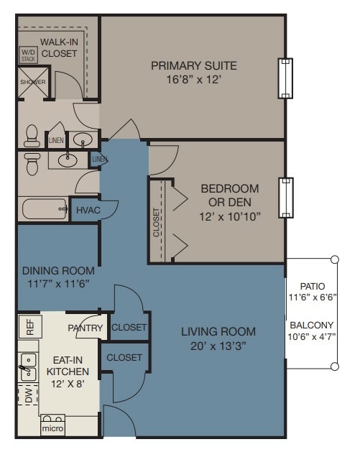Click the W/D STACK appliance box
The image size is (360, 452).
[x=28, y=55]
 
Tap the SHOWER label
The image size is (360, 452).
[x=33, y=82]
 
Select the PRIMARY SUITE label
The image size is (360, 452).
[x=194, y=65]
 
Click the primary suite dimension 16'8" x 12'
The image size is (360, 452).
[x=194, y=79]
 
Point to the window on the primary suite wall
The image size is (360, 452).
[x=285, y=78]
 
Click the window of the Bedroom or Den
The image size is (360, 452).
[x=286, y=198]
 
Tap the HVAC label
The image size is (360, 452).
[x=88, y=210]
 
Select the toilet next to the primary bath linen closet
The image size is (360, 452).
[x=32, y=136]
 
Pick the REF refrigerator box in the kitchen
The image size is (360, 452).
[x=30, y=327]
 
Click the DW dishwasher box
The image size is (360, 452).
[x=29, y=395]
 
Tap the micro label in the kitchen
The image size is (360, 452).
[x=52, y=428]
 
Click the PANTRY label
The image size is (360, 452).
[x=86, y=328]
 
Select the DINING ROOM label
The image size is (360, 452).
[x=58, y=271]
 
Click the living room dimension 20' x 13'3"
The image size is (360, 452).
[x=218, y=346]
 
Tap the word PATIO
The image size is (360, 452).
[x=313, y=286]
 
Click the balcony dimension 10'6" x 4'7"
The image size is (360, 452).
[x=312, y=336]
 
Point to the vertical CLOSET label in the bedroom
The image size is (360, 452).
[x=156, y=222]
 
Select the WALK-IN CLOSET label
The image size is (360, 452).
[x=59, y=47]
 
